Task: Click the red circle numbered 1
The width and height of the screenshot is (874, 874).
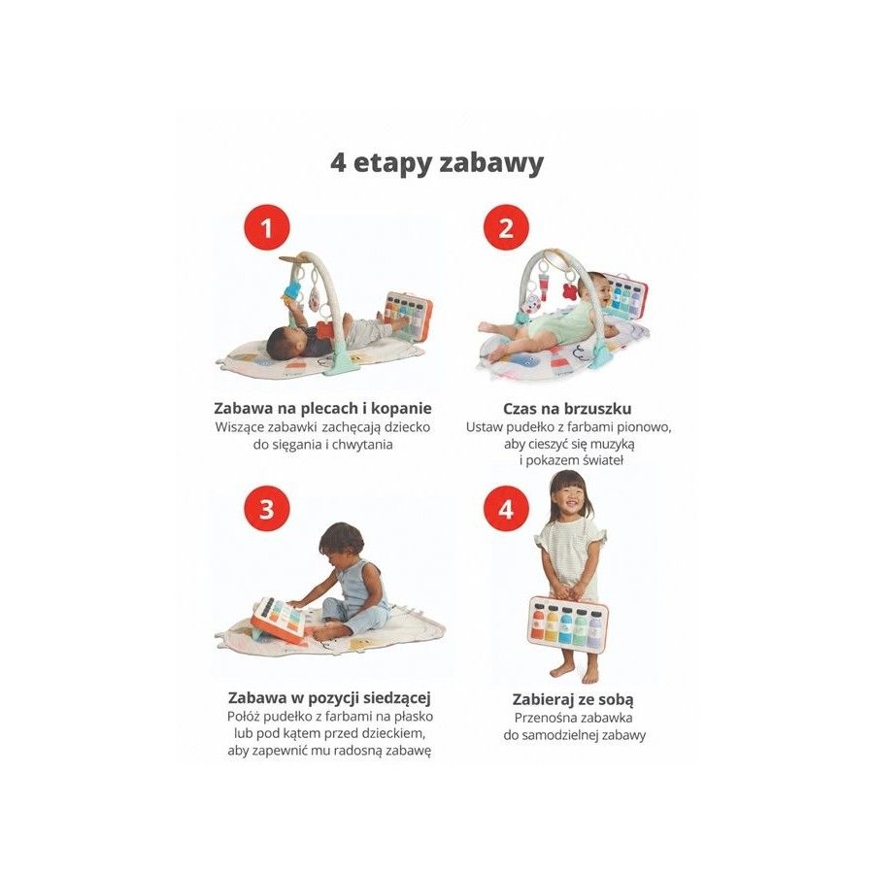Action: (267, 228)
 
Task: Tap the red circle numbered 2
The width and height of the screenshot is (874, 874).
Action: (506, 228)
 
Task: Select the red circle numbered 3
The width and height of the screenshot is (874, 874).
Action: (267, 509)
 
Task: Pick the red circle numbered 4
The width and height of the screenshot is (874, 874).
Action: (506, 509)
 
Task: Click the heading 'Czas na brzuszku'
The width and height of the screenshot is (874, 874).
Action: (567, 409)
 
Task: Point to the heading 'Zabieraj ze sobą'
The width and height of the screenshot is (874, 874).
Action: (573, 699)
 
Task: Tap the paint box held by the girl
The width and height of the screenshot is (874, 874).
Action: (567, 622)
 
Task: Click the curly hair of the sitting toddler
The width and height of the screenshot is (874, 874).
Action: (341, 540)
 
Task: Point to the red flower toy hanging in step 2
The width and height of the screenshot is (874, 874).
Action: (570, 291)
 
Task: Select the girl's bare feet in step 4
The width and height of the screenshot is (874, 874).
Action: (575, 673)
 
